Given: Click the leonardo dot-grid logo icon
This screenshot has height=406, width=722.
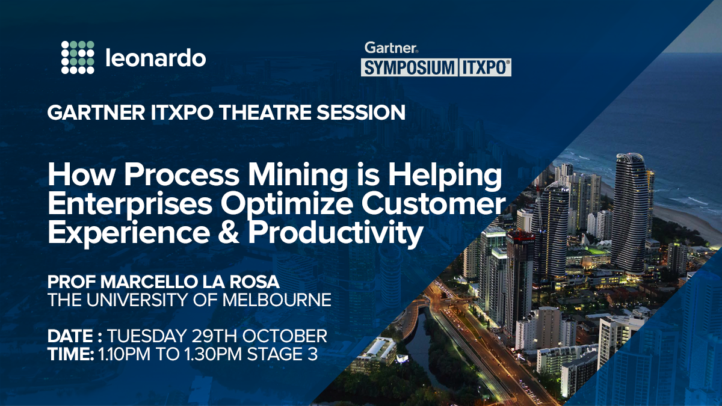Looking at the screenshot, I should (x=78, y=58).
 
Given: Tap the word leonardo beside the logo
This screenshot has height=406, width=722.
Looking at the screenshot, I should (x=155, y=58).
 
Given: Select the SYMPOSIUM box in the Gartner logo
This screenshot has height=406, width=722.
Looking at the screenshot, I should (x=409, y=67).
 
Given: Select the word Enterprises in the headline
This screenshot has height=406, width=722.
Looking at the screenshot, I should (x=128, y=205).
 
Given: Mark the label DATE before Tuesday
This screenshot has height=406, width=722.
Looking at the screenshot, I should (x=67, y=336).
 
